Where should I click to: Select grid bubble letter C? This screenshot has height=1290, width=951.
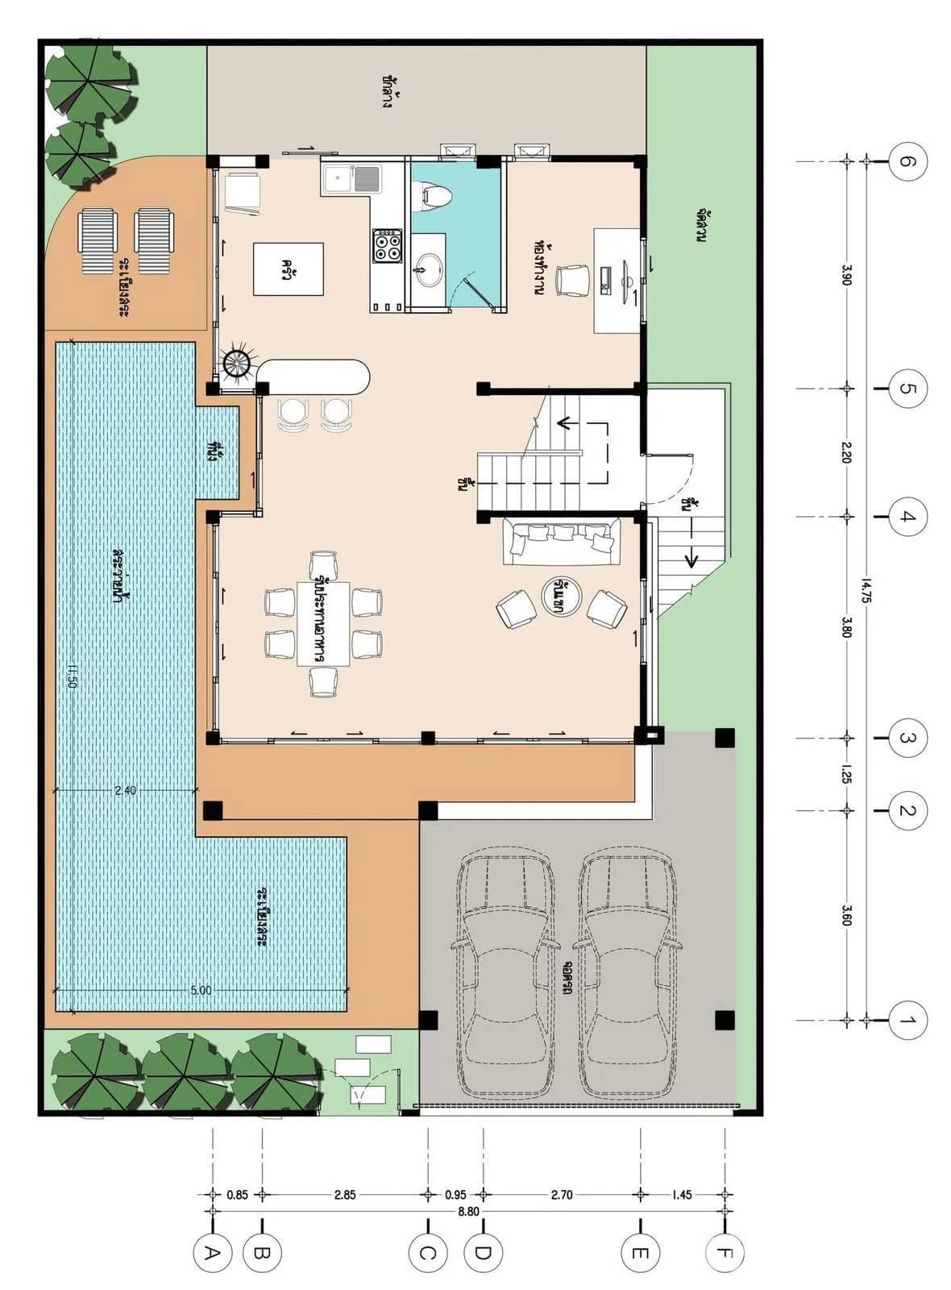pyautogui.click(x=427, y=1254)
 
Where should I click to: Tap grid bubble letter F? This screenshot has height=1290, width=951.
pyautogui.click(x=725, y=1254)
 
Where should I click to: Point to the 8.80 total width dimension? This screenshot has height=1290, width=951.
pyautogui.click(x=468, y=1211)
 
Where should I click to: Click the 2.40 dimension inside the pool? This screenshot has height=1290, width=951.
pyautogui.click(x=125, y=790)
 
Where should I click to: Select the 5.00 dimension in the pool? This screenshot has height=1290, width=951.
pyautogui.click(x=201, y=989)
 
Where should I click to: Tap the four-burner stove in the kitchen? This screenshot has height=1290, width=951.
pyautogui.click(x=388, y=245)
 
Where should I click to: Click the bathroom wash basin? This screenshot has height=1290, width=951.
pyautogui.click(x=428, y=269)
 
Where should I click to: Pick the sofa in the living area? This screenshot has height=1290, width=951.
pyautogui.click(x=562, y=541)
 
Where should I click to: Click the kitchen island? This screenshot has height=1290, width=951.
pyautogui.click(x=289, y=268)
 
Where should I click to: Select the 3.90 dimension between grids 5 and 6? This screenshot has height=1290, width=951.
pyautogui.click(x=846, y=274)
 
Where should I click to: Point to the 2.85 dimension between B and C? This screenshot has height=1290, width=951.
pyautogui.click(x=345, y=1194)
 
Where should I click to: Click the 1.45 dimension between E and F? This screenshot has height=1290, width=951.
pyautogui.click(x=682, y=1194)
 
